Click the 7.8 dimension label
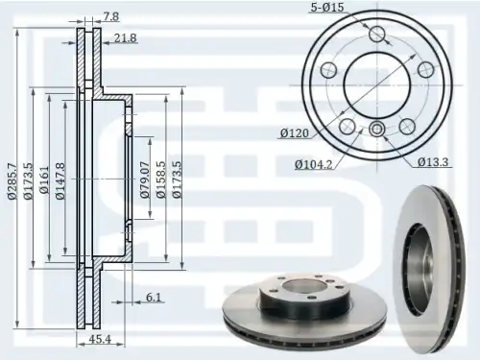[x=111, y=16]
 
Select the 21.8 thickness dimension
[x=125, y=38]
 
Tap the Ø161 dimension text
[x=44, y=180]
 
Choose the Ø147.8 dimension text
[x=60, y=181]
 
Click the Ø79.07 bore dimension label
[x=145, y=180]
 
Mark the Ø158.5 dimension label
[x=161, y=180]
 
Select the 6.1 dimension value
[x=154, y=298]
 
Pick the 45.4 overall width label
[x=100, y=339]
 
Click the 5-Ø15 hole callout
[x=327, y=7]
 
